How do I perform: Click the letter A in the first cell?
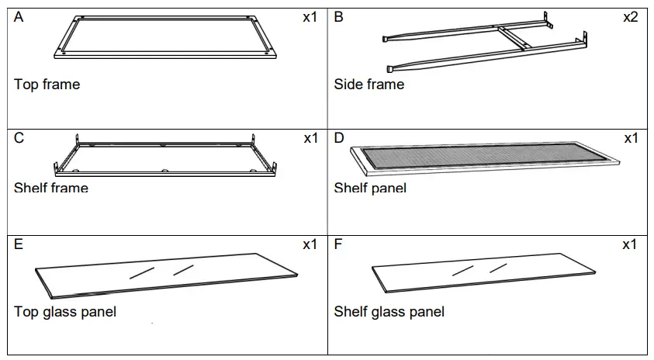coord(19,17)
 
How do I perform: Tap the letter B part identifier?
coord(339,17)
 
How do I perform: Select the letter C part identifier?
coord(19,138)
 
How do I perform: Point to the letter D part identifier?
coord(339,138)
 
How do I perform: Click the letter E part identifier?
coord(19,244)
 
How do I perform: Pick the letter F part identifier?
coord(338,244)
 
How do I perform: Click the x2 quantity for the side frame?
coord(630,17)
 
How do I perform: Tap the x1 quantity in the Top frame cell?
coord(310,17)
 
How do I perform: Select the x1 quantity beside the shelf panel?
coord(630,138)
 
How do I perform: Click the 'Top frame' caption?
coord(47,84)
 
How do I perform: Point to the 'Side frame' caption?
coord(369,84)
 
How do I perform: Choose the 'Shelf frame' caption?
coord(51,188)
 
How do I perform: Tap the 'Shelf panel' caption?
coord(370,188)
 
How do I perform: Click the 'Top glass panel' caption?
coord(65,312)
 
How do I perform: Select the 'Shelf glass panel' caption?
coord(389,312)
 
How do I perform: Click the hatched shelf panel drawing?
coord(485,157)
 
